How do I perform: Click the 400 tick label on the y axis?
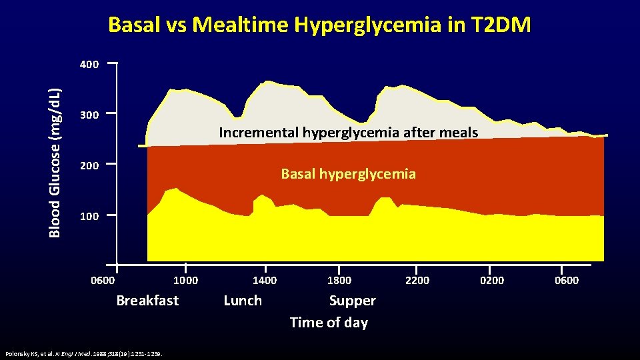point(89,65)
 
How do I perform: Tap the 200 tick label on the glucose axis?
point(89,165)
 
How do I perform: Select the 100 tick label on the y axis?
point(89,217)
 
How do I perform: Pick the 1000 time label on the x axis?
point(185,280)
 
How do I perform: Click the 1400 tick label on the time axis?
point(265,280)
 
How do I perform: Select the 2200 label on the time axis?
point(417,280)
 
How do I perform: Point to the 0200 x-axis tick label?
point(492,280)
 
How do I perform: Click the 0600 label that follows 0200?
point(567,280)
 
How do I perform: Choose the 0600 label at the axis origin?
point(103,280)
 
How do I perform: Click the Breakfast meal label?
point(147,301)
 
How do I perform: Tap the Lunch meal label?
point(243,301)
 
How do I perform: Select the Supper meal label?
point(352,301)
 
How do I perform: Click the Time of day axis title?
point(329,323)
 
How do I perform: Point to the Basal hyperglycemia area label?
point(348,175)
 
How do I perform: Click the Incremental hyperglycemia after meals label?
point(348,133)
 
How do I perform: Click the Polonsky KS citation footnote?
point(86,353)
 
